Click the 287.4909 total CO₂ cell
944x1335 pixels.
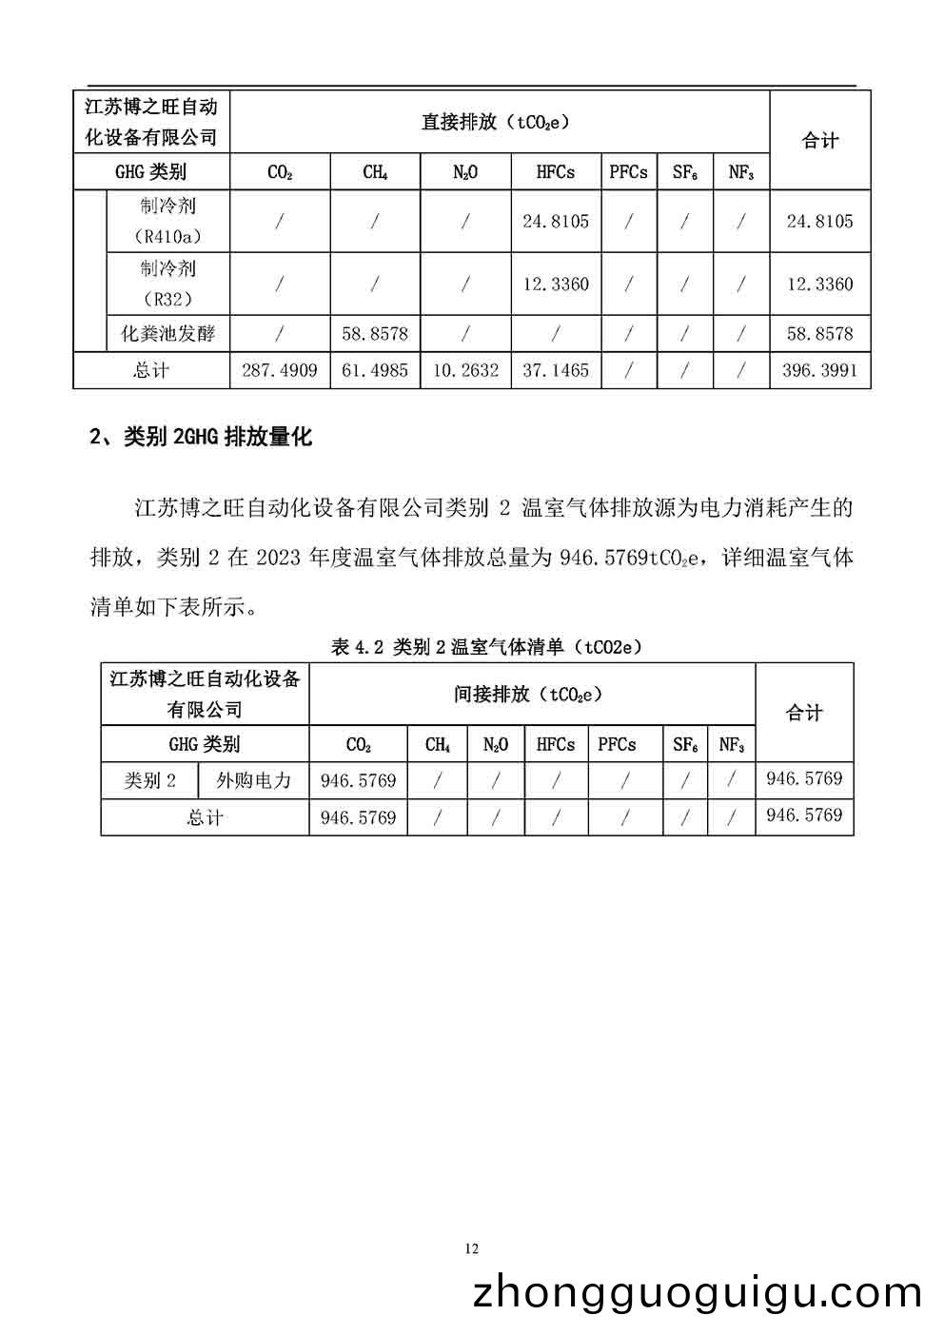280,370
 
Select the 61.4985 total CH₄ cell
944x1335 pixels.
375,370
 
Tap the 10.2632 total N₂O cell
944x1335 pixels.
465,370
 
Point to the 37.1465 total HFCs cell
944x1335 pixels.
556,370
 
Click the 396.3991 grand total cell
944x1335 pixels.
819,370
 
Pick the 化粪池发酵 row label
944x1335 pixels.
167,334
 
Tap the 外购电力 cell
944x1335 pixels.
253,781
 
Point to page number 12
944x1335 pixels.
472,1248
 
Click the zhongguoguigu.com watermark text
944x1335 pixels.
698,1294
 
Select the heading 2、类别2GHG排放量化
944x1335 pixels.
200,437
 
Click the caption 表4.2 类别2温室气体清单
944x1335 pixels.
486,647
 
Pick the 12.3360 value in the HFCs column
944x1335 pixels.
556,284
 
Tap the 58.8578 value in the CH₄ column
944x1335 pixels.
375,334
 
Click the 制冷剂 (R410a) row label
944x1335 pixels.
167,221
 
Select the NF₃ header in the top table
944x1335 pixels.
741,172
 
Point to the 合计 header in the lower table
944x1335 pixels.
804,713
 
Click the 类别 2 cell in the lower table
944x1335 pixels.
150,781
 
